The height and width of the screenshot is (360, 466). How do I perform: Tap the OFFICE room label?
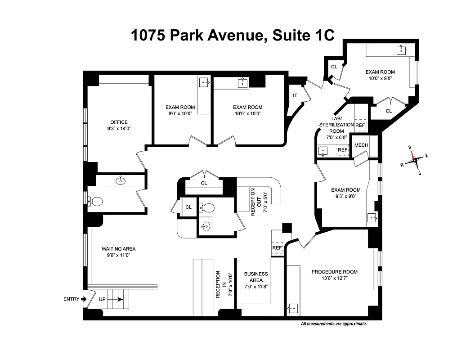pyautogui.click(x=119, y=122)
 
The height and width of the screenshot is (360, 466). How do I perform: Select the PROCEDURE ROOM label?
pyautogui.click(x=334, y=272)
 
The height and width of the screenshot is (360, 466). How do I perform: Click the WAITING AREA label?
pyautogui.click(x=118, y=249)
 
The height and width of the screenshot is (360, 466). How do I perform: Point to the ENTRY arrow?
pyautogui.click(x=83, y=299)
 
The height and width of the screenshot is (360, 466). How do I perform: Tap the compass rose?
pyautogui.click(x=414, y=159)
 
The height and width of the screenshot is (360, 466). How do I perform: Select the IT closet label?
pyautogui.click(x=295, y=95)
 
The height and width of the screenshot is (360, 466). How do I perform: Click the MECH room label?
pyautogui.click(x=361, y=145)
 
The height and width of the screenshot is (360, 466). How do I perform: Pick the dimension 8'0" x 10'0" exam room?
pyautogui.click(x=180, y=113)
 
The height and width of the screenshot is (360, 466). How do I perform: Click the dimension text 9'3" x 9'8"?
pyautogui.click(x=346, y=196)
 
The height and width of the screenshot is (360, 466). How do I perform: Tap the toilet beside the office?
pyautogui.click(x=95, y=201)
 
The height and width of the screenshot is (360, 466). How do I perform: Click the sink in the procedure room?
pyautogui.click(x=293, y=308)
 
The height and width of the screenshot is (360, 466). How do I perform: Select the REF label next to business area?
pyautogui.click(x=277, y=248)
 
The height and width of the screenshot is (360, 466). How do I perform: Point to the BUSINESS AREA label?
pyautogui.click(x=255, y=277)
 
